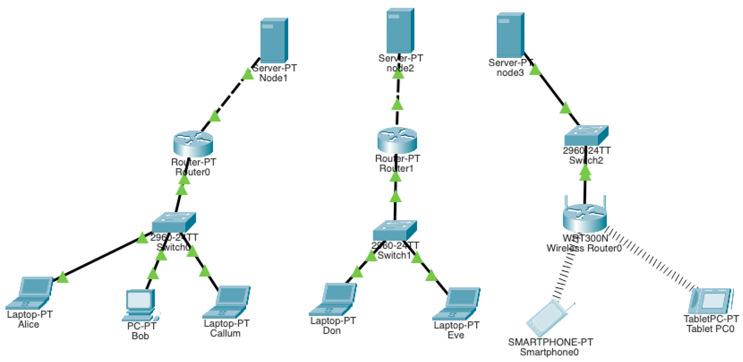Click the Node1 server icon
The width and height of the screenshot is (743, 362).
274,40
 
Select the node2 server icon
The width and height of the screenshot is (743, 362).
400,30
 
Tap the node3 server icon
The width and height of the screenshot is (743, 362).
510,34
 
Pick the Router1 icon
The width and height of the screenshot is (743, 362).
397,140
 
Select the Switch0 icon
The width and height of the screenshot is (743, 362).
174,222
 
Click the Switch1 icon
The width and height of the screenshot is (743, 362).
395,230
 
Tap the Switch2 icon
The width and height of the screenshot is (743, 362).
586,135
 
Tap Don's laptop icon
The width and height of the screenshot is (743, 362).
333,299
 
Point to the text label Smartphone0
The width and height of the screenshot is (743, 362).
549,352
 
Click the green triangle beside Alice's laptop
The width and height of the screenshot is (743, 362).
63,278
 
